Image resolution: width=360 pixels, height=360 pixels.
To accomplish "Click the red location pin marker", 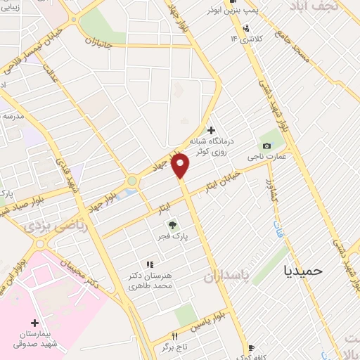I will pos(181,165).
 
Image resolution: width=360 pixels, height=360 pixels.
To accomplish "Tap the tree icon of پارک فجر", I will pos(172,226).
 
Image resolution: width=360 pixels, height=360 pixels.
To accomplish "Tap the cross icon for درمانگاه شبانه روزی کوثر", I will pos(212,129).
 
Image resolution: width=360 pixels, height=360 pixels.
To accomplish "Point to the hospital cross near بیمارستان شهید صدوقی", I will pos(34,323).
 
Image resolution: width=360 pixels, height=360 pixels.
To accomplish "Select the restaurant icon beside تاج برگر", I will pos(174,337).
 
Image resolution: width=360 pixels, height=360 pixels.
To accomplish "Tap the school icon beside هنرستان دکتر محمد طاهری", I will pos(149,264).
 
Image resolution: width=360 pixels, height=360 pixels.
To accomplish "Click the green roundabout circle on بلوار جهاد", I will pos(131,181).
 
